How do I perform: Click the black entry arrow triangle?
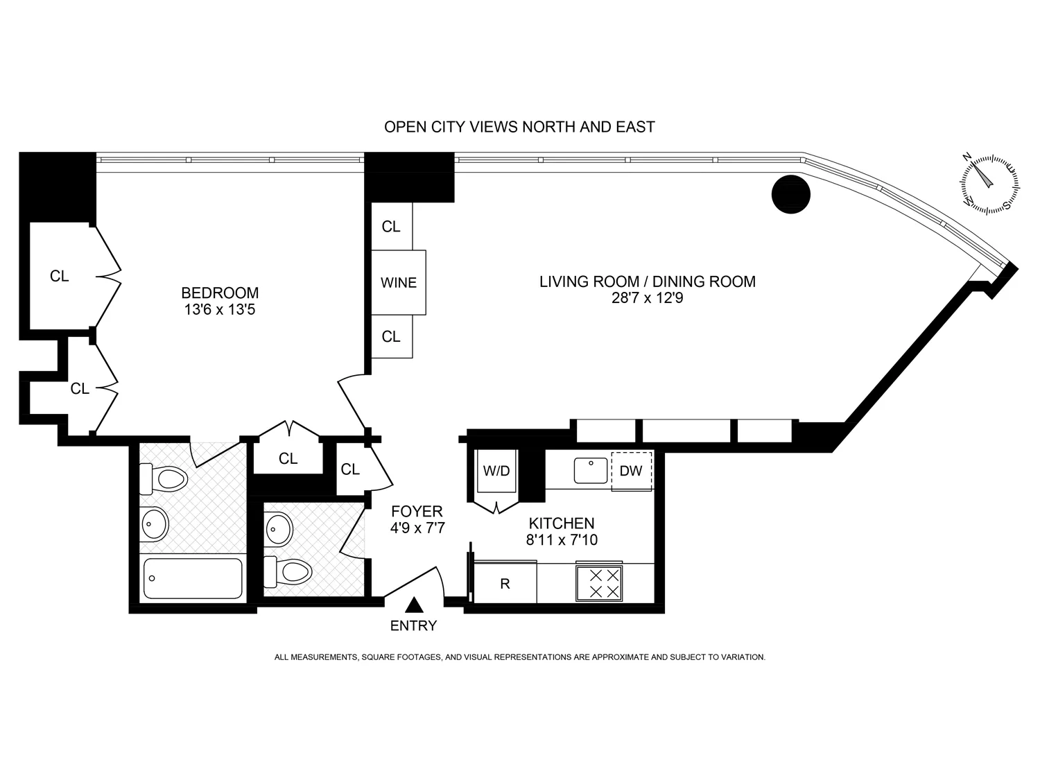(x=414, y=605)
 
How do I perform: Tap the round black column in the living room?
(x=791, y=193)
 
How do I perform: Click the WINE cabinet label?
(x=399, y=283)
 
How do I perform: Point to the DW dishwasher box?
(x=631, y=471)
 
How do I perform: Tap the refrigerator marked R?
(x=505, y=584)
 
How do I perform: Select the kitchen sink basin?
(x=591, y=471)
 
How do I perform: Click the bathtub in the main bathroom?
(x=193, y=578)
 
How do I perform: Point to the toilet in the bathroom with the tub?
(x=165, y=478)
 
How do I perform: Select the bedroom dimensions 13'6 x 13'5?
(x=220, y=309)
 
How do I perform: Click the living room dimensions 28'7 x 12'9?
(x=648, y=299)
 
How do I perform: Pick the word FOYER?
(x=417, y=512)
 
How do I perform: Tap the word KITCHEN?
(x=562, y=523)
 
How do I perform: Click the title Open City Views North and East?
(x=519, y=127)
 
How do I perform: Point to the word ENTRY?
(x=414, y=625)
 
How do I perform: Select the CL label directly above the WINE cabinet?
(x=391, y=227)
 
